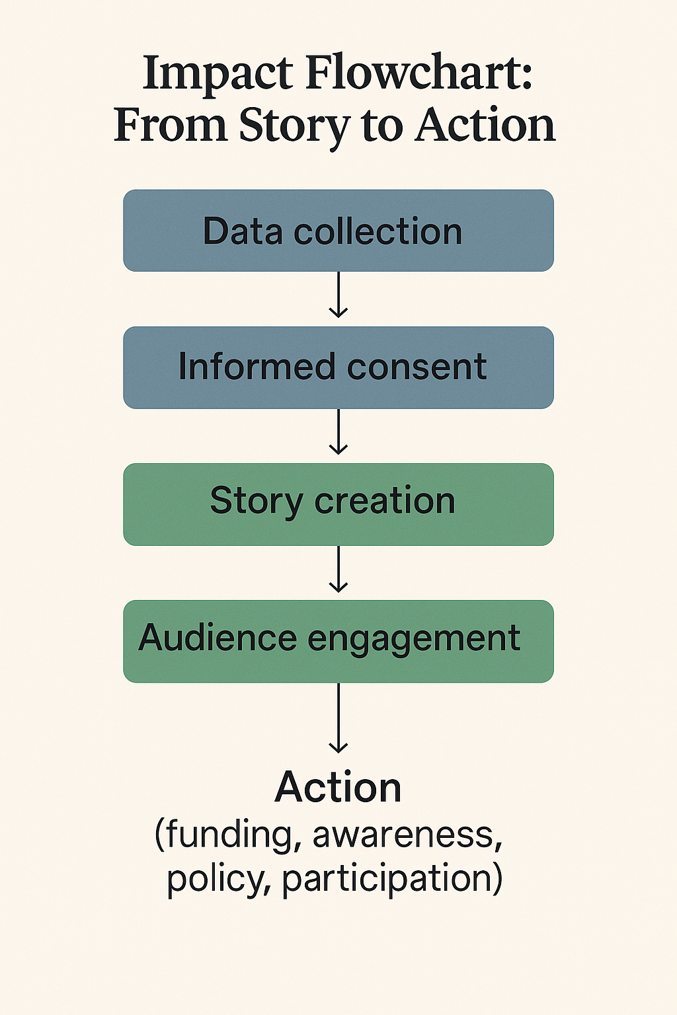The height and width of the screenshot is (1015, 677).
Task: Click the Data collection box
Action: (338, 231)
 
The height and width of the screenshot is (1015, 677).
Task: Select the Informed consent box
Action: (338, 367)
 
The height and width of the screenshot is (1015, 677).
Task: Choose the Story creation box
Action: (338, 504)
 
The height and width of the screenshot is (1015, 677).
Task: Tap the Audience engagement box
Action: (338, 641)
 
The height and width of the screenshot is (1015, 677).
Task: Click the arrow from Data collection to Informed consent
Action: (338, 295)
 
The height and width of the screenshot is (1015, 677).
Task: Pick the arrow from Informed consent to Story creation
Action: (338, 432)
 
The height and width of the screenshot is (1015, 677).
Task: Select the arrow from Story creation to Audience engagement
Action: (338, 569)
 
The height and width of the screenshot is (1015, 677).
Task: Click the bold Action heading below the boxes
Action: (338, 787)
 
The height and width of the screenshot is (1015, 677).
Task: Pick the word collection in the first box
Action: (378, 231)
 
